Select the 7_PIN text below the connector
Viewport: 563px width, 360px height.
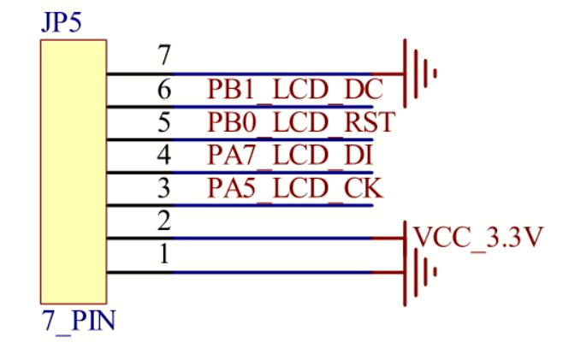pos(78,323)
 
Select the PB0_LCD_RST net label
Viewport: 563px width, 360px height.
pos(300,122)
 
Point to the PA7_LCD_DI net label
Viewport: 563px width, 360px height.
pos(291,156)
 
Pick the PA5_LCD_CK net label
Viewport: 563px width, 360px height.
pos(295,188)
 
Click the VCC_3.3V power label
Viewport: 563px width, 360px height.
pos(477,237)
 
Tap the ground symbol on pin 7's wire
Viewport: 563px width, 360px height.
pos(419,74)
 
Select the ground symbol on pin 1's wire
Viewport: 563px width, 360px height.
pos(419,273)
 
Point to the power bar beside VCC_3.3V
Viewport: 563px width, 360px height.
pos(404,238)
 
